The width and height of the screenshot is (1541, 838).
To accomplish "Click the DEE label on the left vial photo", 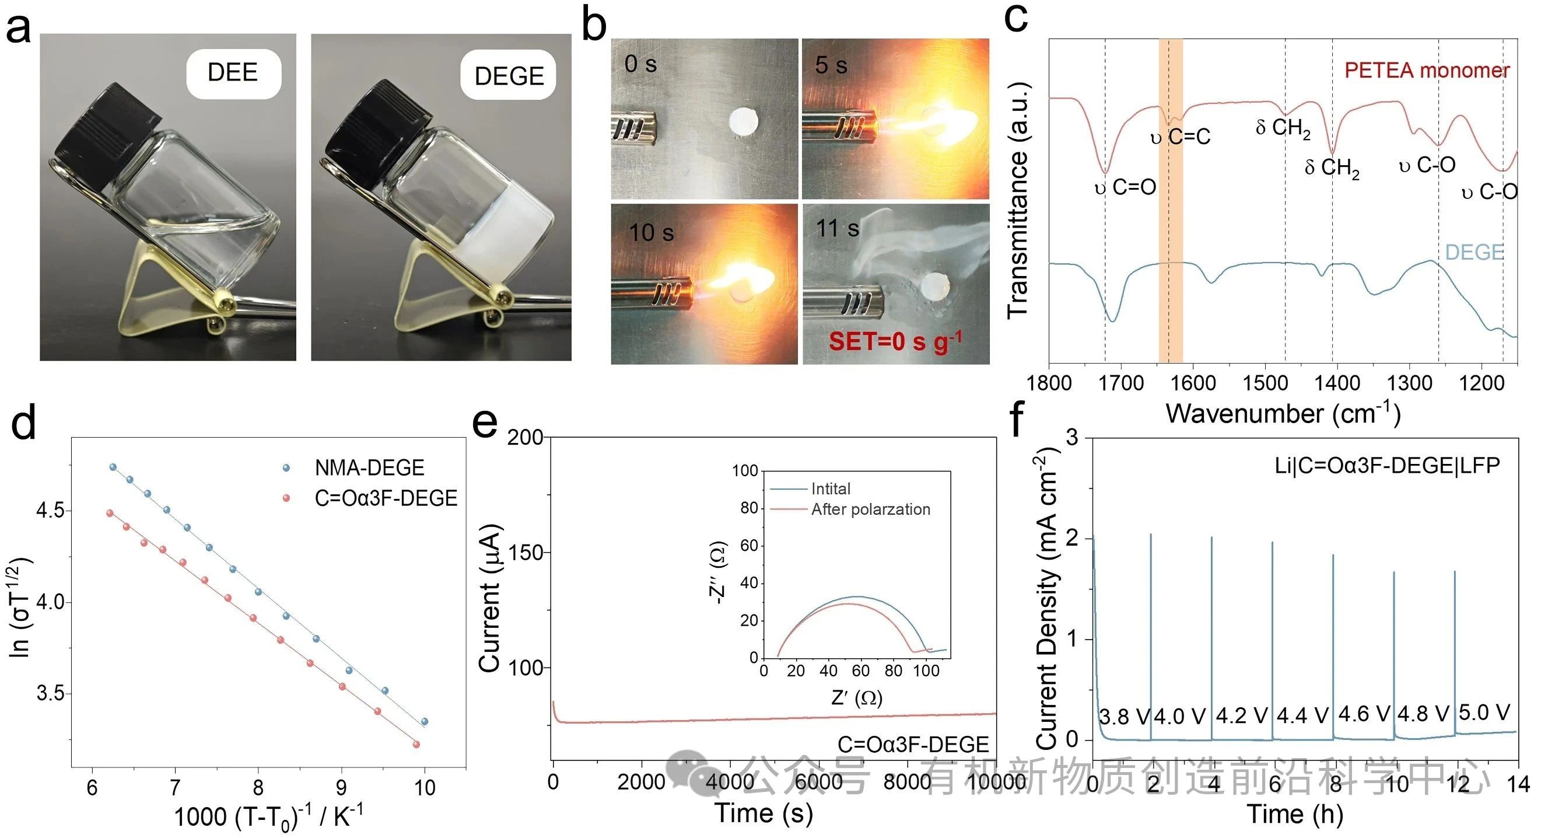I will pos(233,73).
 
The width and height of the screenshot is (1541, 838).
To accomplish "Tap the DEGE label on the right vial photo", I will pos(509,76).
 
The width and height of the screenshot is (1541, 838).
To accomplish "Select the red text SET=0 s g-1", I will pos(895,342).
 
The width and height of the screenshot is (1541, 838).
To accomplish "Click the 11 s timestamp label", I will pos(838,229).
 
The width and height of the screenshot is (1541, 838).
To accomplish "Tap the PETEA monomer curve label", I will pos(1427,71).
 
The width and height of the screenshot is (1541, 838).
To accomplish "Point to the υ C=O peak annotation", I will pos(1125,188).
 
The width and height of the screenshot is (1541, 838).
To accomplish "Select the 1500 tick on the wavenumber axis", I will pos(1265,383).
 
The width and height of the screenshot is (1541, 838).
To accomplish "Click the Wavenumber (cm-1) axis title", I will pos(1283,414).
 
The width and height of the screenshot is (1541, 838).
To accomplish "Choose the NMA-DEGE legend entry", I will pos(369,468).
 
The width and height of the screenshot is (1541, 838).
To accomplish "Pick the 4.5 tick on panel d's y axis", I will pos(50,511).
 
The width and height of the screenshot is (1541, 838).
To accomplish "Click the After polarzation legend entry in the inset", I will pos(870,509).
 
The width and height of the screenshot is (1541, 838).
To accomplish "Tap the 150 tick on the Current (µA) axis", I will pos(524,553).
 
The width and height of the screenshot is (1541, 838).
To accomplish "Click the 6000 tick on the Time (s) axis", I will pos(818,782).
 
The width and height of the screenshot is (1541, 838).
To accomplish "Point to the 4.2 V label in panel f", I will pos(1242,716).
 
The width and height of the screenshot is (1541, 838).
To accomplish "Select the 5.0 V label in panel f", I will pos(1485,713).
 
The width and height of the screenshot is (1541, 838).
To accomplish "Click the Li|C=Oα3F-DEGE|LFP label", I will pos(1387,466).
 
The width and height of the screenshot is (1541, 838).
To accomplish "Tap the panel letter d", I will pos(24,423).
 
